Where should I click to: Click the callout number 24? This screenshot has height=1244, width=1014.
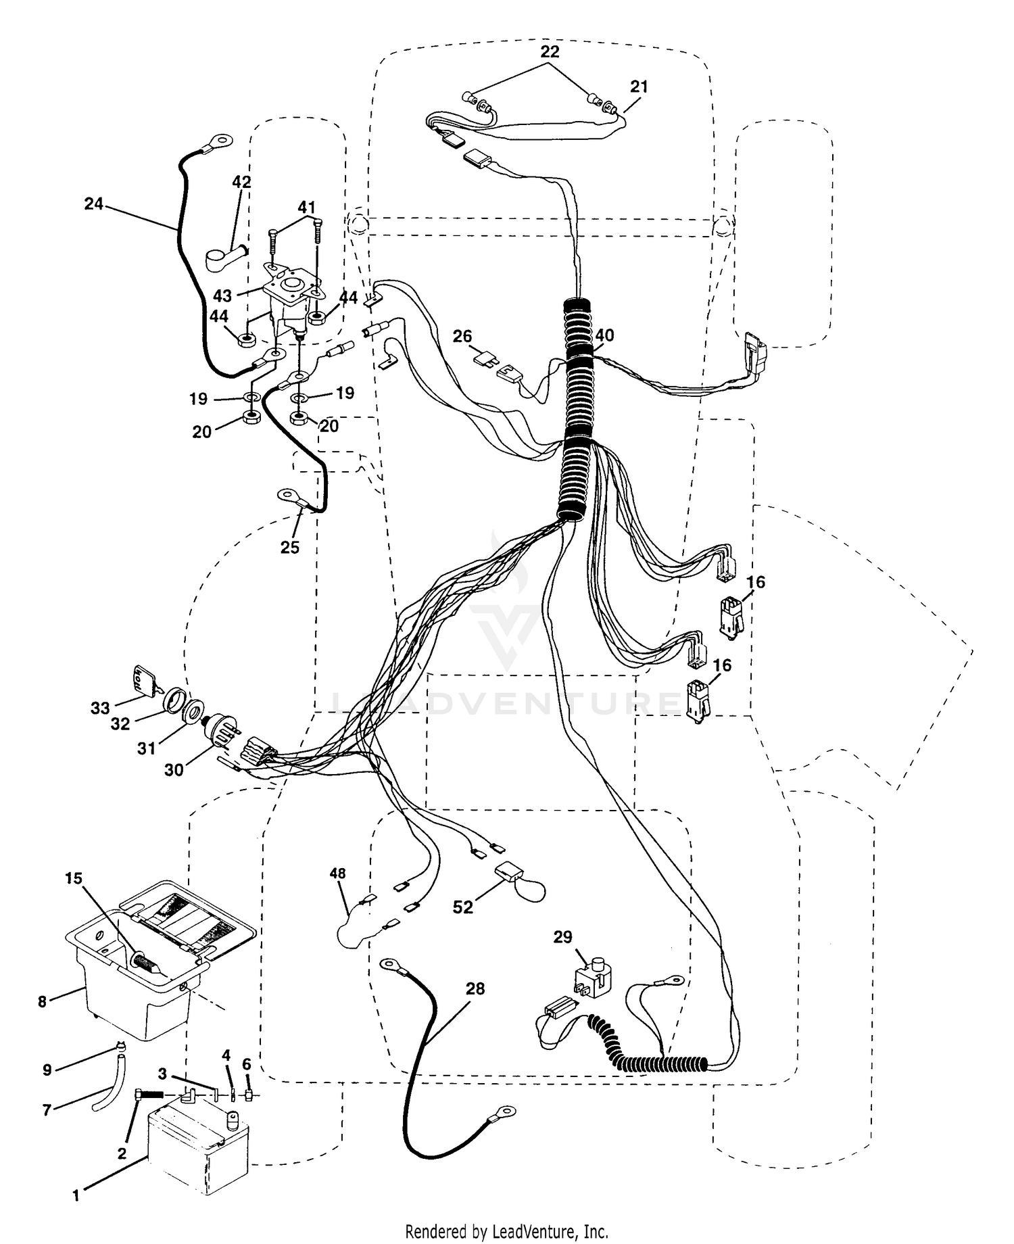click(94, 203)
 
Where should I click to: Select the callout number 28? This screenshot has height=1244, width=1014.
click(475, 988)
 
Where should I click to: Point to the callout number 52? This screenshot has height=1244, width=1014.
click(463, 907)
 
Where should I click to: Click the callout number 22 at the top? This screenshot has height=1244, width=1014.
click(550, 51)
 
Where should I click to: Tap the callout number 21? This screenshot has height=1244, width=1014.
click(639, 87)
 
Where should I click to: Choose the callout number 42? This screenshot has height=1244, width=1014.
click(241, 182)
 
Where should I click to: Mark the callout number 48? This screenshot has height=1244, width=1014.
click(337, 874)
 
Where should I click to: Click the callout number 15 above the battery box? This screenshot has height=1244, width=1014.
click(74, 878)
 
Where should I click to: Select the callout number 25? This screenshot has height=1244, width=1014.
click(290, 547)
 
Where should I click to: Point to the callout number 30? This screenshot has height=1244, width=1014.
click(174, 770)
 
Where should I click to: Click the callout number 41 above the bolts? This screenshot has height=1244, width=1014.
click(307, 208)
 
